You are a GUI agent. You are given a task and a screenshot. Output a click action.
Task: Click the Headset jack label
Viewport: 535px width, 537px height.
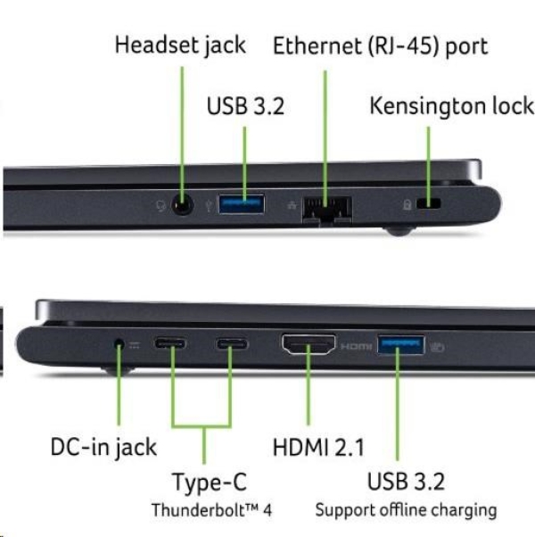[x=179, y=45]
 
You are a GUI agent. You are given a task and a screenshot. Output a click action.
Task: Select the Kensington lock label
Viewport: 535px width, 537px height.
[x=451, y=106]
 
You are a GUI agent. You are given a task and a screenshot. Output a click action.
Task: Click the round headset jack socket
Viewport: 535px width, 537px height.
[x=182, y=206]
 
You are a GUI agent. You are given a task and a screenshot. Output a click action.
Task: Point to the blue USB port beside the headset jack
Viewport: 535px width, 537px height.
[x=243, y=205]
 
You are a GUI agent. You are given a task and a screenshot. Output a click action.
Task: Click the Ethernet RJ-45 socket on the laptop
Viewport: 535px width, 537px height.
[x=327, y=207]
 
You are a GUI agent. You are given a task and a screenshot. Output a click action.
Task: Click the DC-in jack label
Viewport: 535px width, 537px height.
[x=103, y=447]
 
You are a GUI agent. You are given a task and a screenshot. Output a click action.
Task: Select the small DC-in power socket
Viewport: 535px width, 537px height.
[x=119, y=343]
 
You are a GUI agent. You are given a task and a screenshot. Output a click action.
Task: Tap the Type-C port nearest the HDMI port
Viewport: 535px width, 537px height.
[x=231, y=343]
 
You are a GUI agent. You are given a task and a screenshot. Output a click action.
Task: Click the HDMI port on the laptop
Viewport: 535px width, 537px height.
[x=309, y=343]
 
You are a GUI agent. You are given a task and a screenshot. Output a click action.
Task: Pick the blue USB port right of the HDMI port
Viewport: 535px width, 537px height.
[x=402, y=343]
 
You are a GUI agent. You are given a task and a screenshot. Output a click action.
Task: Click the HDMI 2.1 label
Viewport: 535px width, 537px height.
[x=317, y=447]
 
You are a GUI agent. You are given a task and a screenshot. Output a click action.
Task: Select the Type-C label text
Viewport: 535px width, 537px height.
[x=210, y=483]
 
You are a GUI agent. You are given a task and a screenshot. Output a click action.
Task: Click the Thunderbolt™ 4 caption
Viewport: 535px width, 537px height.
[x=211, y=511]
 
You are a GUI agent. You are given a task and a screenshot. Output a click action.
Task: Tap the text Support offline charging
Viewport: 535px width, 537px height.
[x=406, y=511]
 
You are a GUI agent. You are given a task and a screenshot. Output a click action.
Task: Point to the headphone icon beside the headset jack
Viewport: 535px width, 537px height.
[x=160, y=206]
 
